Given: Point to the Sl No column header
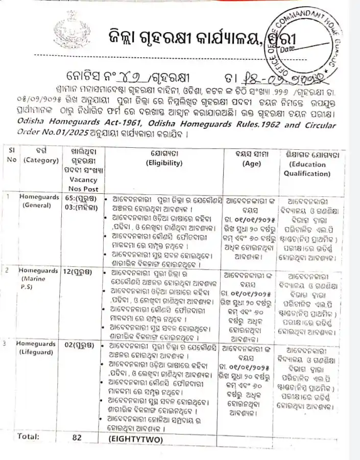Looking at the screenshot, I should coord(11,156).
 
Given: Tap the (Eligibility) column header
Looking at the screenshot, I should coord(163,163).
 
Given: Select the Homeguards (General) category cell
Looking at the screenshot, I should coord(37,200).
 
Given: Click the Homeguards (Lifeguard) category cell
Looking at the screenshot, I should coord(36,348).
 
